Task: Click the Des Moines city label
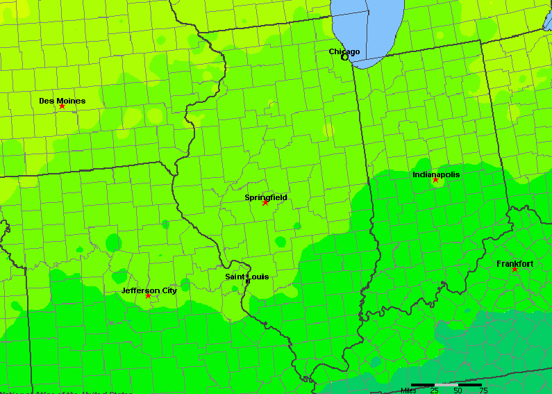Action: [62, 101]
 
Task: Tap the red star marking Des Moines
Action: [62, 106]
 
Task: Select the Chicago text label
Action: [344, 51]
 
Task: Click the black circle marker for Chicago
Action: [344, 57]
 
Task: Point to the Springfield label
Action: [265, 197]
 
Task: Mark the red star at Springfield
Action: [265, 203]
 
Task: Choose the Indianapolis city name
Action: [436, 174]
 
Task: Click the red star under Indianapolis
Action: [435, 180]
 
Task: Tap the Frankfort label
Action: [515, 264]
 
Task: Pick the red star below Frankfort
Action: [515, 270]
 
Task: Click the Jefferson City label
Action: [149, 290]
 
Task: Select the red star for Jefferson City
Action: [148, 296]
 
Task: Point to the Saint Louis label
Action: [246, 277]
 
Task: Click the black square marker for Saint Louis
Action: [247, 281]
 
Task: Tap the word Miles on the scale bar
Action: [410, 391]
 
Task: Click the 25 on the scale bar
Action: [434, 391]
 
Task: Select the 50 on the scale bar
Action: [458, 391]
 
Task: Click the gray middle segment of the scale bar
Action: [446, 384]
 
